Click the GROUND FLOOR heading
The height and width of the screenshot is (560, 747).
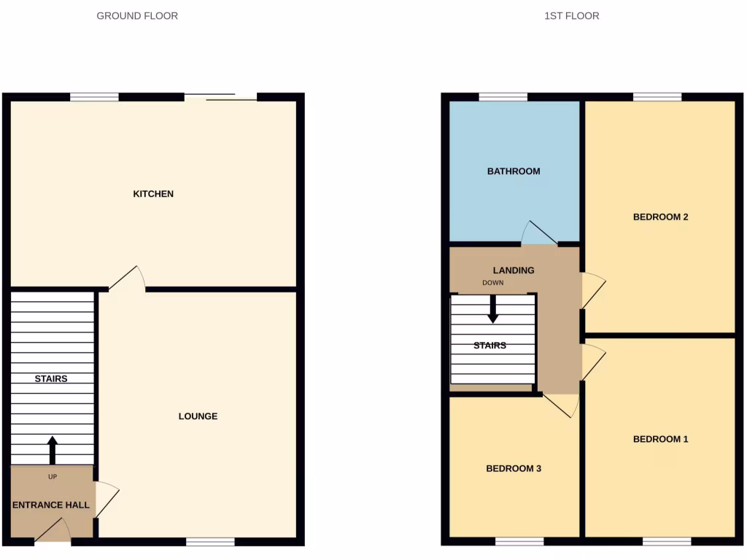pos(137,15)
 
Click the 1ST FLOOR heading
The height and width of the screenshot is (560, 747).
pos(571,15)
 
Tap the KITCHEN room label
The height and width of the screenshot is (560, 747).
pos(153,194)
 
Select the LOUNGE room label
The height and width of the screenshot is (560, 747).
pos(198,416)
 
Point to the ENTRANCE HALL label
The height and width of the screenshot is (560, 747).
pos(51,505)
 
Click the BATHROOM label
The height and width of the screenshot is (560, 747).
pos(514,171)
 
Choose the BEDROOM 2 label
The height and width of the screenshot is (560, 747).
pos(660,217)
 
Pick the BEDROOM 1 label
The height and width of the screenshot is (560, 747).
pos(660,439)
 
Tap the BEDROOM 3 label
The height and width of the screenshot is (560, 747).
pos(514,469)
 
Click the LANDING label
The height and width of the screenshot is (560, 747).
pos(514,270)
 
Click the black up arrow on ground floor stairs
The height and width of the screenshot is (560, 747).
pos(52,450)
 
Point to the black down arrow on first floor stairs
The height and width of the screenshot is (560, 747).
pos(493,309)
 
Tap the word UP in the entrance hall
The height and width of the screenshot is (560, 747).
pos(52,477)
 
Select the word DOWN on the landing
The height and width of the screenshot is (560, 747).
pos(492,282)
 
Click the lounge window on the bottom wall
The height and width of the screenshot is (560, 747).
pos(210,542)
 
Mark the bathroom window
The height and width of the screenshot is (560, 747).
pos(503,96)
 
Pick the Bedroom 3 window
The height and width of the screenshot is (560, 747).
pos(519,542)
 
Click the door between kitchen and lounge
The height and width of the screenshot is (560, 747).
pos(127,279)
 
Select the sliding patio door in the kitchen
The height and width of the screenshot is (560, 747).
pos(220,96)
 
